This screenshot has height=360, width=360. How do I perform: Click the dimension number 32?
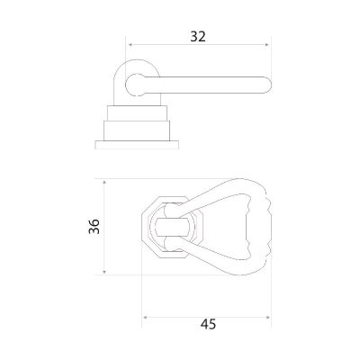pos(198,37)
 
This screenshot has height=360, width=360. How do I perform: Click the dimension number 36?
pos(94,227)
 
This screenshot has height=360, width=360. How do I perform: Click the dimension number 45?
pos(208,324)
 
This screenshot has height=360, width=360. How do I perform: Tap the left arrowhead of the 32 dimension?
pos(130,45)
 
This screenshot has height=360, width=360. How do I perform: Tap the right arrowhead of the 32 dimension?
pos(267,45)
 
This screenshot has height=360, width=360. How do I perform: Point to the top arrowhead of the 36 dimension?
pos(104,183)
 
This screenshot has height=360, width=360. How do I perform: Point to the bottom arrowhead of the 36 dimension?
pos(104,272)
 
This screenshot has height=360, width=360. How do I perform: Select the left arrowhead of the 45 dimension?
pos(145,317)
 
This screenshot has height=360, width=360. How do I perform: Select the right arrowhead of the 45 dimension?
pos(267,317)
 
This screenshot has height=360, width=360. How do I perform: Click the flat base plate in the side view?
pos(137,145)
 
